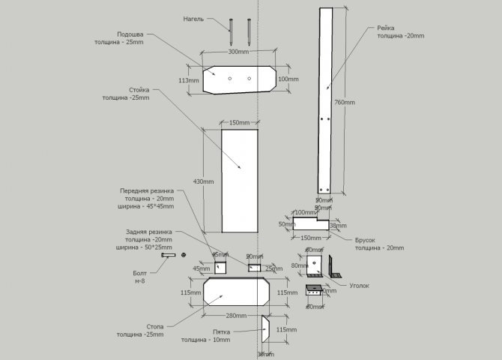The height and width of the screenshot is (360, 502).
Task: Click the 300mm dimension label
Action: click(x=238, y=52)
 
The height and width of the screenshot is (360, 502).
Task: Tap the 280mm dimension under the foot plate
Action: click(x=235, y=316)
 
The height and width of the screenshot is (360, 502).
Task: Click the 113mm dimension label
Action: click(x=189, y=80)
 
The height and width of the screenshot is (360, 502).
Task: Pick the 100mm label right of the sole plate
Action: click(x=288, y=79)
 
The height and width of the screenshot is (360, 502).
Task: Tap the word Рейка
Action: click(x=389, y=28)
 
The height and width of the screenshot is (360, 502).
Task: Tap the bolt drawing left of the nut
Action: click(x=166, y=256)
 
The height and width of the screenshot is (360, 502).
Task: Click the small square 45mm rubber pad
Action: click(x=220, y=268)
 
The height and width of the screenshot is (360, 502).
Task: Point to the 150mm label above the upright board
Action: click(x=239, y=122)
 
